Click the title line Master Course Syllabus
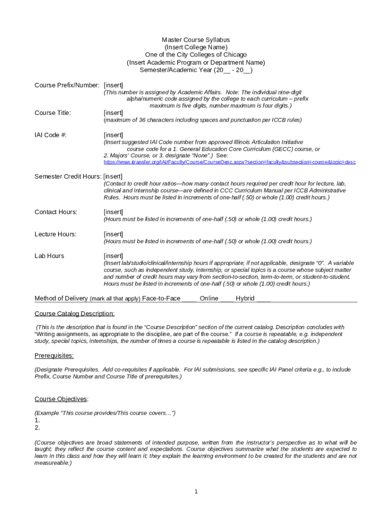[x=195, y=40]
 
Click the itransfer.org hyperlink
[x=230, y=162]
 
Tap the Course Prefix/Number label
[x=67, y=85]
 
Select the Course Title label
[x=52, y=112]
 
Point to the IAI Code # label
[x=50, y=135]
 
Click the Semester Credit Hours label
[x=67, y=177]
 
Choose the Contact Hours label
[x=55, y=212]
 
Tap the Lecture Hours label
[x=55, y=234]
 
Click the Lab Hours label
[x=49, y=256]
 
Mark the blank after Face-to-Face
[x=189, y=299]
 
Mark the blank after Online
[x=227, y=299]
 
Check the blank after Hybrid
[x=264, y=299]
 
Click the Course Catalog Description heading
[x=74, y=314]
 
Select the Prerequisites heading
[x=54, y=355]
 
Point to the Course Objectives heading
[x=62, y=398]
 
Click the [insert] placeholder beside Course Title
[x=113, y=112]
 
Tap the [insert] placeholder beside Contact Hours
[x=113, y=212]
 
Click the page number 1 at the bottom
[x=195, y=491]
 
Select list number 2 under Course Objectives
[x=37, y=428]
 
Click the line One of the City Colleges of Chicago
[x=195, y=55]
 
